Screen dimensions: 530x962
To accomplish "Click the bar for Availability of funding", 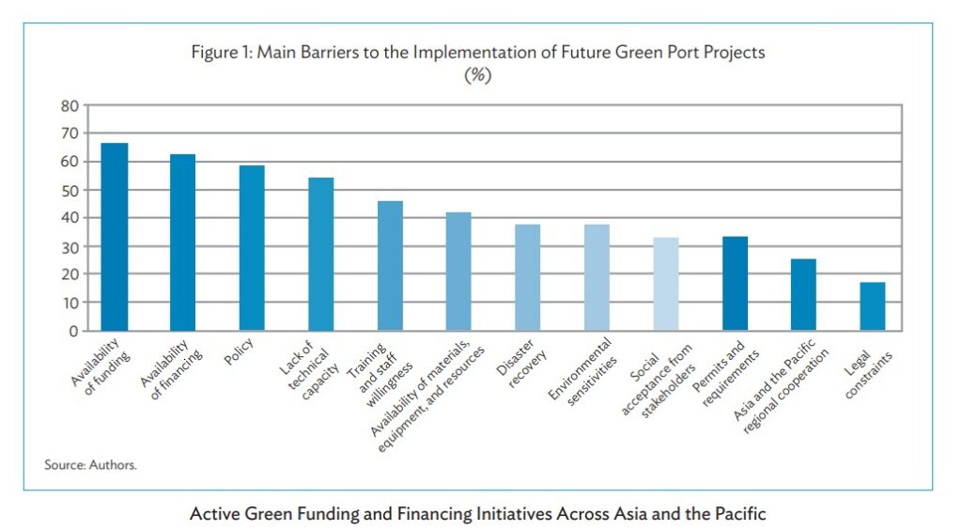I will [115, 237].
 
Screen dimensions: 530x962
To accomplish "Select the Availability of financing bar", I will [182, 242].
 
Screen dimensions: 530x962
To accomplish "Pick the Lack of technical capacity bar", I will [320, 254].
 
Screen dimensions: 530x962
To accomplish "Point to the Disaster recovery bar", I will [527, 277].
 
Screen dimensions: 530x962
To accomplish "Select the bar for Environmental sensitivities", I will [597, 277].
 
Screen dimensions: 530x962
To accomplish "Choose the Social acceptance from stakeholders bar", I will [665, 284].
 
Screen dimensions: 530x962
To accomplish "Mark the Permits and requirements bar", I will [735, 283].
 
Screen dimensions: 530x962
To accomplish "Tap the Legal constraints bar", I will [872, 306].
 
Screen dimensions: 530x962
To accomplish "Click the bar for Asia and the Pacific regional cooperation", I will [803, 294].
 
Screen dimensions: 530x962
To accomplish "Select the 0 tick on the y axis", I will [72, 331].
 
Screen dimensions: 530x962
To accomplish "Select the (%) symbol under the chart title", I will [478, 76].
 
